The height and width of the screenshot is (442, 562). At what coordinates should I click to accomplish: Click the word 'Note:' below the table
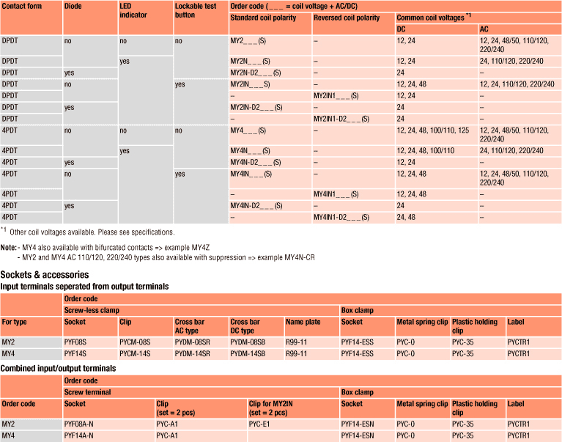pos(9,247)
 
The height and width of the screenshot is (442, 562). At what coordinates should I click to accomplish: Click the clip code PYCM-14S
pos(135,353)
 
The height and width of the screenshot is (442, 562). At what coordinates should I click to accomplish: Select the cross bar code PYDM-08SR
pos(193,342)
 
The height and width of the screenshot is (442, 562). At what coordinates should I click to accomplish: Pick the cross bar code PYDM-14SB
pos(248,353)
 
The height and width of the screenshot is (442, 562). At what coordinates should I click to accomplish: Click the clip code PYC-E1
pos(260,424)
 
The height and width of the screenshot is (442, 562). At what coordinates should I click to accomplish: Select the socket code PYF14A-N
pos(79,435)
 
